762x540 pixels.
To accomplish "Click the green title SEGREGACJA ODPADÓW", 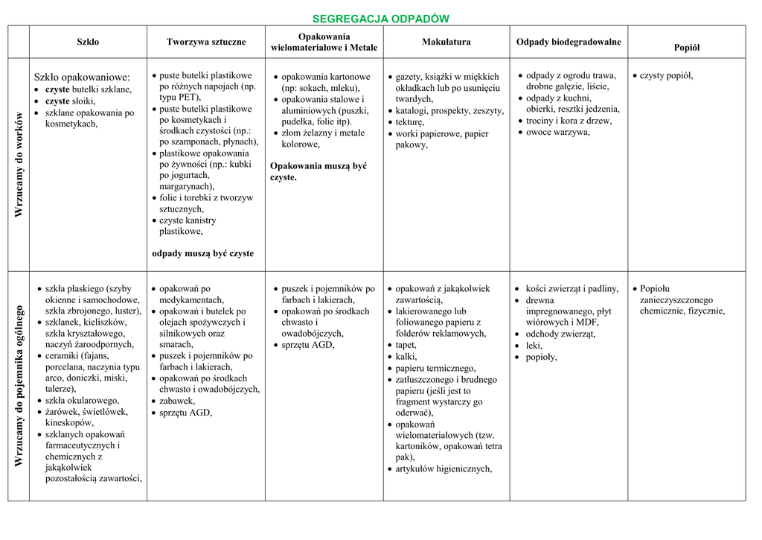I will click(x=380, y=19).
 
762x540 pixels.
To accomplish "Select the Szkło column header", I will click(x=88, y=42).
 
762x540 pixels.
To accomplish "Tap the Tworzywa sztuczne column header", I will click(x=205, y=42).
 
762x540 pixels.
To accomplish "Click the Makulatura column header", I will click(x=446, y=42).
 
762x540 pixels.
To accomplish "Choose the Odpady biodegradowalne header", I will click(x=569, y=42).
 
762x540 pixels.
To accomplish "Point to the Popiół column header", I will click(x=686, y=47).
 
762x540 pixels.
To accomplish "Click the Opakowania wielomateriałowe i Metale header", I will click(x=324, y=42).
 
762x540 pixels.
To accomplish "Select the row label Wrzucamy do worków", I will click(x=19, y=165).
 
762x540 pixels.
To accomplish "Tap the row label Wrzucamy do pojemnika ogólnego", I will click(x=19, y=387).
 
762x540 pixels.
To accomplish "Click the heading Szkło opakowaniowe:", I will click(x=82, y=77).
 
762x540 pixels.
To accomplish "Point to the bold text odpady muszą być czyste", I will click(x=202, y=253).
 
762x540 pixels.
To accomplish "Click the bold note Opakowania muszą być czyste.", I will click(x=318, y=171).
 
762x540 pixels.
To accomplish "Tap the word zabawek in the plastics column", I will click(x=177, y=401).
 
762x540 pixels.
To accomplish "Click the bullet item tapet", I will click(x=406, y=345).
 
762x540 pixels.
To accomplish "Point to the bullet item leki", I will click(x=534, y=346).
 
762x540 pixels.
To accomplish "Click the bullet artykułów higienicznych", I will click(x=444, y=468).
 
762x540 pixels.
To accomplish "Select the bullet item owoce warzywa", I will click(x=557, y=132).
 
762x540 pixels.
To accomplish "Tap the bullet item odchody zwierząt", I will click(x=560, y=334).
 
